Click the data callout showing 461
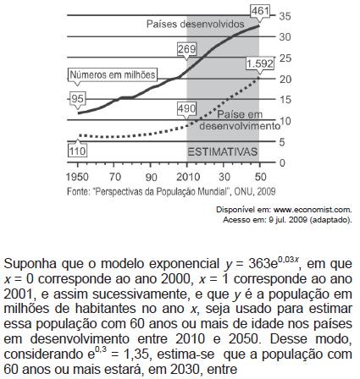260,11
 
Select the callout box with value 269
186,49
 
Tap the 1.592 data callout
260,63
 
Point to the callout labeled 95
77,99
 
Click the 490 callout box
186,108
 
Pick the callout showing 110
77,151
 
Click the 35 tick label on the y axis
285,16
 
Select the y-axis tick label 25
285,58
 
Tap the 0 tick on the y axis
282,162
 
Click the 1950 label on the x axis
77,177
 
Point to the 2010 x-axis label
188,177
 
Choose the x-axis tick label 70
115,177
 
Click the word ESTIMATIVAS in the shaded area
223,151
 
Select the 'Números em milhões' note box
113,75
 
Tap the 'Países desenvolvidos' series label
195,24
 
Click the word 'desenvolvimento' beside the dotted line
240,126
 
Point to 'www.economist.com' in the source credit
313,210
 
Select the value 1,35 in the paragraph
136,354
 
